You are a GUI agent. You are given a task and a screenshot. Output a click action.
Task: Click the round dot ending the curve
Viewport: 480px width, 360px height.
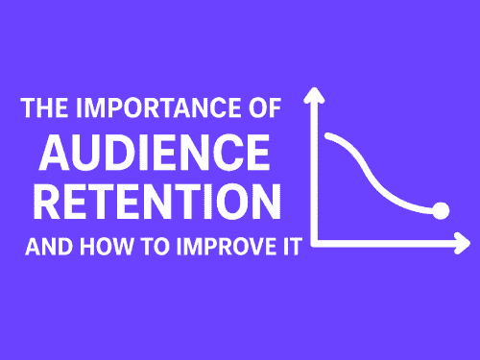click(441, 210)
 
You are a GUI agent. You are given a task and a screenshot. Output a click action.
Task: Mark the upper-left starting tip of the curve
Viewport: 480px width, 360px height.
click(329, 135)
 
